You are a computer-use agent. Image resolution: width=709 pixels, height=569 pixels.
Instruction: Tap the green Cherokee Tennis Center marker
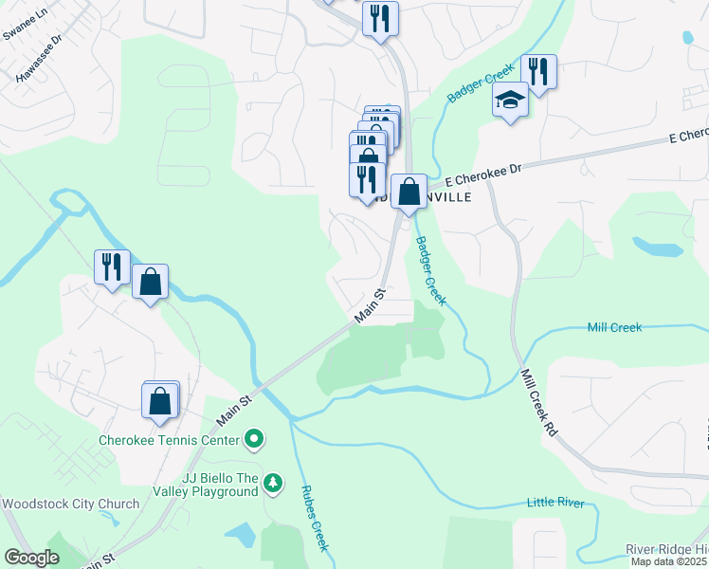coord(254,439)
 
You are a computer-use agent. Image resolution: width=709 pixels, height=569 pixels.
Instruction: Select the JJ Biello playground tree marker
coord(273,484)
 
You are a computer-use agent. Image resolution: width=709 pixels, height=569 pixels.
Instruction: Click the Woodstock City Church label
coord(59,504)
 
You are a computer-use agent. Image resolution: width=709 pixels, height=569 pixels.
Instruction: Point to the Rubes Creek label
coord(314,518)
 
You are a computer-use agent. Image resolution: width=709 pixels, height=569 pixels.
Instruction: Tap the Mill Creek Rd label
coord(539,403)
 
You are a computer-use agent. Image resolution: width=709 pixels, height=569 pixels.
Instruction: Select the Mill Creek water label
coord(614,327)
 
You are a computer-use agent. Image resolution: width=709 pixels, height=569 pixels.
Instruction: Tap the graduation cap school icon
coord(510,99)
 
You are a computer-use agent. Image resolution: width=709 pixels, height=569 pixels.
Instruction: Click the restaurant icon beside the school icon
coord(537,72)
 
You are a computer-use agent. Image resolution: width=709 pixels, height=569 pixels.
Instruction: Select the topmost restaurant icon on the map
coord(380,19)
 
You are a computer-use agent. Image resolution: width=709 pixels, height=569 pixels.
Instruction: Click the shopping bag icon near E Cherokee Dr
coord(409,192)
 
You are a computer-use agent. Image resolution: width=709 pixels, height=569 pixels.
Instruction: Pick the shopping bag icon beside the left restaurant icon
coord(150,281)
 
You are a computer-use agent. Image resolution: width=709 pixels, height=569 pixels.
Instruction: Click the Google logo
coord(31,558)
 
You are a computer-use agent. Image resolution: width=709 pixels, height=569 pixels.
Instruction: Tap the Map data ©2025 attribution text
coord(669,561)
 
